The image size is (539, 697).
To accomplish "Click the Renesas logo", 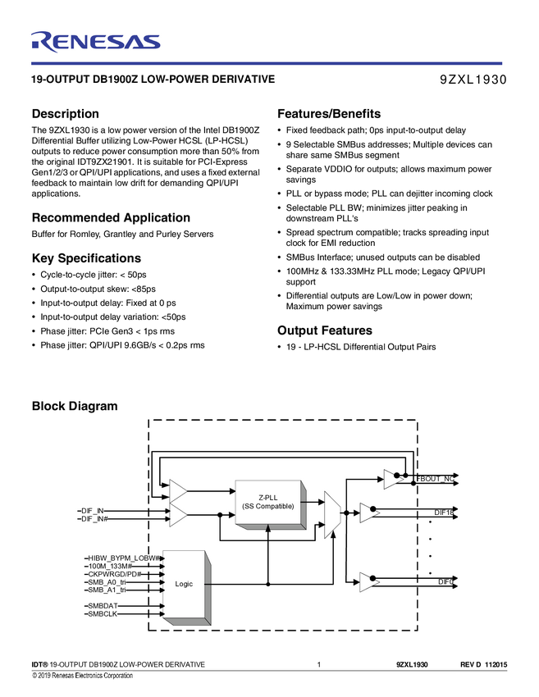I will [x=95, y=41].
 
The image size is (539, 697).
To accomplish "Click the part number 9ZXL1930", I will [x=474, y=80].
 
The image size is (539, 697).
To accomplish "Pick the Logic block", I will [x=184, y=584].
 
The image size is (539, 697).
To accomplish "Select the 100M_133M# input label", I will [x=110, y=566].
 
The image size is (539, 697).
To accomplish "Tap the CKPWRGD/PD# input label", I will [x=115, y=574].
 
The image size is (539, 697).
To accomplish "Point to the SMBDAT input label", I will [x=103, y=605].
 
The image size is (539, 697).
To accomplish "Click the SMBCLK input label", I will [x=103, y=613].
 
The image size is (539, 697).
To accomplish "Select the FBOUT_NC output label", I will [x=436, y=477].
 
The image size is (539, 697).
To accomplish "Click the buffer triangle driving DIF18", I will [x=368, y=513].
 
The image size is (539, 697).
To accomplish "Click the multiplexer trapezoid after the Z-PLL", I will [x=331, y=514].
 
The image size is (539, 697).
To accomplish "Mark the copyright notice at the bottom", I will [x=82, y=676].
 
